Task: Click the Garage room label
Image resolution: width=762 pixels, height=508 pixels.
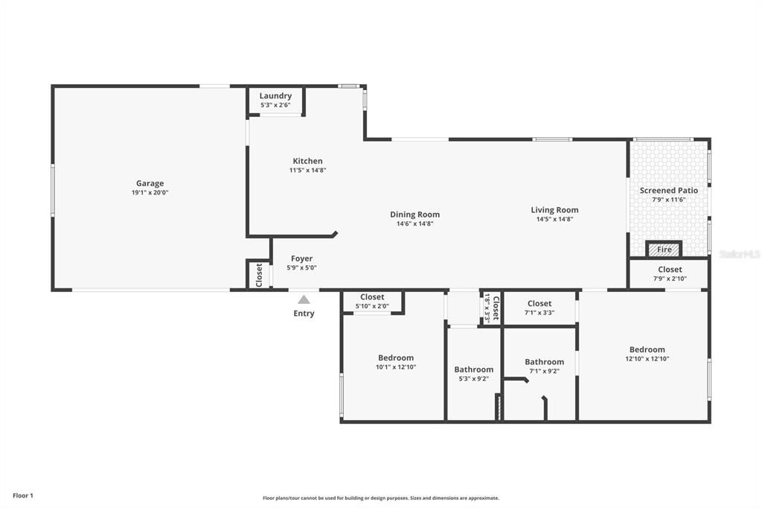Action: (150, 183)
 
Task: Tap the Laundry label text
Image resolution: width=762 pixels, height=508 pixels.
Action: (275, 96)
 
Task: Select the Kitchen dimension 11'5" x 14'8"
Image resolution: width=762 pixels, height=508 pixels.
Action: (307, 171)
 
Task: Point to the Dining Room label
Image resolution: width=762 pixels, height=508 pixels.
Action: (414, 215)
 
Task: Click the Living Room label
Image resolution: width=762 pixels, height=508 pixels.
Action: (554, 210)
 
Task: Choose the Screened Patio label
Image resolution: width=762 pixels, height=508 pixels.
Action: (669, 191)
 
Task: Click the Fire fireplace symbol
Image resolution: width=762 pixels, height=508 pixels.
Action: (664, 250)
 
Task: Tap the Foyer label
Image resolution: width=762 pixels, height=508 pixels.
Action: (301, 258)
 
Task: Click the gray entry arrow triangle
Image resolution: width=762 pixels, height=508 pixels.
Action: (304, 299)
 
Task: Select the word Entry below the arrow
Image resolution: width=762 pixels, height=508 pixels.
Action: (304, 314)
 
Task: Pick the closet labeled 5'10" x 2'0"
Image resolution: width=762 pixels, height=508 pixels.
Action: (372, 301)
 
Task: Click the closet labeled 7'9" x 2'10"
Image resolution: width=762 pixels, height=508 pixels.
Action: (670, 274)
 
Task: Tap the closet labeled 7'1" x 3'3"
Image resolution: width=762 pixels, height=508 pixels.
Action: (540, 308)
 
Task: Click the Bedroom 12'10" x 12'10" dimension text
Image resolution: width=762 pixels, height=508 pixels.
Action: (647, 359)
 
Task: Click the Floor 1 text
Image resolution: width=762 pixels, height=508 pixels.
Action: (23, 495)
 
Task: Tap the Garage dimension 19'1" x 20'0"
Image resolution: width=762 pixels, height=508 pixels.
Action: (150, 193)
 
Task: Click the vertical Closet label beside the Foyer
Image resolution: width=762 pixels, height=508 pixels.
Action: (259, 275)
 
